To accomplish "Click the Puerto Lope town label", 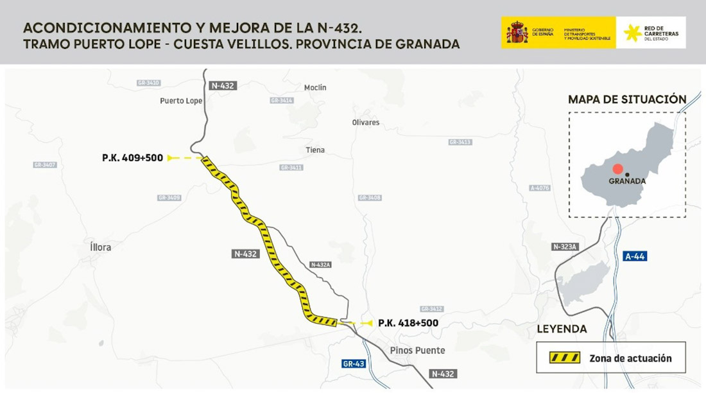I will point(181,101).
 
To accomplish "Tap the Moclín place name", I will point(315,87).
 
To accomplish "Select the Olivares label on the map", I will point(366,122).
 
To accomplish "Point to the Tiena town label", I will point(315,150).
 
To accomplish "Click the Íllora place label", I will point(101,247).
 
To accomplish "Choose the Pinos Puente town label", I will point(417,351).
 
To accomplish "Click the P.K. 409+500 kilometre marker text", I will point(132,157).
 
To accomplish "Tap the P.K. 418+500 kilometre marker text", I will point(408,323).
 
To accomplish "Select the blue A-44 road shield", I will point(635,256).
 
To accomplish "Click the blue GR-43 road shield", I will point(354,363).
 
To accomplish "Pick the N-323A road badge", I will point(565,247).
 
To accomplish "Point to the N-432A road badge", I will point(320,265).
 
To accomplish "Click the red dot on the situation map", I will point(617,169).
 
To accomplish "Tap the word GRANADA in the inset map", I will point(627,181).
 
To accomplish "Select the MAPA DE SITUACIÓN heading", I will point(627,100).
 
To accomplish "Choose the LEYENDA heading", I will point(562,329).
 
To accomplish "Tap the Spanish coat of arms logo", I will point(517,32).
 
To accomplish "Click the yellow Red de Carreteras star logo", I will point(632,32).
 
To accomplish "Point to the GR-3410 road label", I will point(148,83).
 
